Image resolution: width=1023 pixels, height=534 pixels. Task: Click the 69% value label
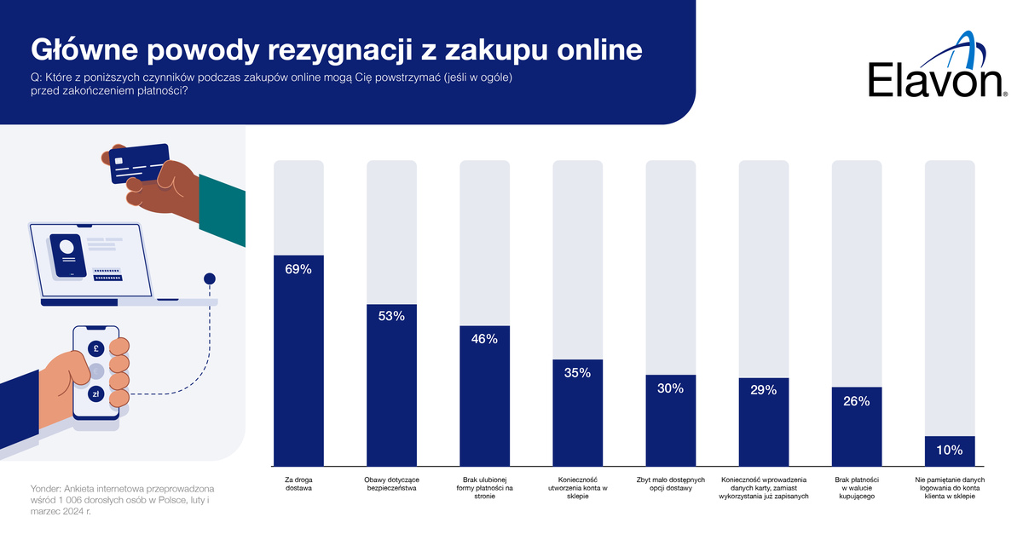click(x=298, y=269)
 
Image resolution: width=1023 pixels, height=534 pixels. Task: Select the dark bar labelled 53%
click(x=392, y=383)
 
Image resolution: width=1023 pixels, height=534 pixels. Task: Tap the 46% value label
click(x=485, y=338)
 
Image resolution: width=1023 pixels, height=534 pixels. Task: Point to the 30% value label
click(x=671, y=388)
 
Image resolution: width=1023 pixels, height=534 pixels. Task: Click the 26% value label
click(x=857, y=401)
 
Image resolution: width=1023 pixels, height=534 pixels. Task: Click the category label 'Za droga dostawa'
click(x=298, y=484)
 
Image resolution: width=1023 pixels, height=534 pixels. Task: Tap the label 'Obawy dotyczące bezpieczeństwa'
click(x=392, y=484)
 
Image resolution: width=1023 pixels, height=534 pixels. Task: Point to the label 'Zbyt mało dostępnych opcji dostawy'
click(x=671, y=484)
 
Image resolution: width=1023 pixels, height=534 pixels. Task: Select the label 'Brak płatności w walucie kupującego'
click(x=857, y=488)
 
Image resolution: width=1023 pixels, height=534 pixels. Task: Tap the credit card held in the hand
click(x=140, y=165)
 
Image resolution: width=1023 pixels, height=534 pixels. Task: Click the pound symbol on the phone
click(x=96, y=348)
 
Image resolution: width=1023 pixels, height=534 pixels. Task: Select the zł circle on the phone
click(x=96, y=393)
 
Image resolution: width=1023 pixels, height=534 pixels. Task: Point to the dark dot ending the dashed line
click(x=210, y=278)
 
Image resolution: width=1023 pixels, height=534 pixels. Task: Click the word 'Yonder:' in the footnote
click(x=48, y=489)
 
